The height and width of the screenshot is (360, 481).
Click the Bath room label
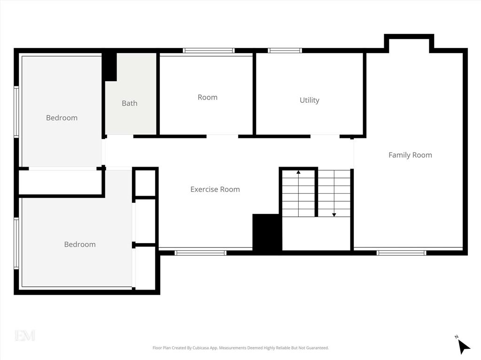(x=130, y=103)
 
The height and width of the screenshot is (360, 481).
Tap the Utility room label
(x=309, y=100)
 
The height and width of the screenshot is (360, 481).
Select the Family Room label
(x=410, y=155)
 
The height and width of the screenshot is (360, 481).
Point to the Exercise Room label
(x=215, y=190)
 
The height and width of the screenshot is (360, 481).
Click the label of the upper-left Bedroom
(x=62, y=118)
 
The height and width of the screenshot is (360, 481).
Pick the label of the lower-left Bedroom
(x=80, y=245)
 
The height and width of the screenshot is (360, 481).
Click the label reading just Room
(x=207, y=98)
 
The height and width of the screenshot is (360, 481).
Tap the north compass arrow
(x=464, y=347)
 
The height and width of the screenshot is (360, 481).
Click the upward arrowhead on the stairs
(x=298, y=172)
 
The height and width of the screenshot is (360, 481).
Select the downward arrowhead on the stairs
(x=334, y=215)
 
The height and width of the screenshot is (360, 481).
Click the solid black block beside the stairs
(x=267, y=233)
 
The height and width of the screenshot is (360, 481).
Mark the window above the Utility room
(x=285, y=51)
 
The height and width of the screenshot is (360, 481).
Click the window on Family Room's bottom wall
(x=401, y=253)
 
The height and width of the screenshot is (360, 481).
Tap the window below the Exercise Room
(x=200, y=253)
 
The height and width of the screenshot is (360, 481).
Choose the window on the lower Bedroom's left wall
(x=16, y=244)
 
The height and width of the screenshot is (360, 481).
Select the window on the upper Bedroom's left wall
(x=16, y=112)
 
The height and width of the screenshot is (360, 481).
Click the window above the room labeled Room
(x=209, y=51)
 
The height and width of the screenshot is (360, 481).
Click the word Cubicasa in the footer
(x=201, y=348)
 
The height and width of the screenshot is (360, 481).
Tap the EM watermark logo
(x=25, y=335)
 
